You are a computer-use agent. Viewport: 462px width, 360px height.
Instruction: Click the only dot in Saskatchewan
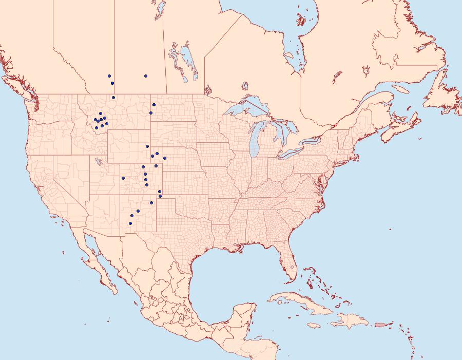point(146,76)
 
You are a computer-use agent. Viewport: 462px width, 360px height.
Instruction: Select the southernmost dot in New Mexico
point(130,223)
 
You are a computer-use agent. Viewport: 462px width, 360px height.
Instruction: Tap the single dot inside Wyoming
point(147,146)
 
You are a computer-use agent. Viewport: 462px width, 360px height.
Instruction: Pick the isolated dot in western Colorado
point(123,178)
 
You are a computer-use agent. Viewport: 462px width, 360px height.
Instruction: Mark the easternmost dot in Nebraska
point(165,158)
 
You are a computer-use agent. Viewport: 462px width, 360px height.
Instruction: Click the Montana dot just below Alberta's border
point(113,98)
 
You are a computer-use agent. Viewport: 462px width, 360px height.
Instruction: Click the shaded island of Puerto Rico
point(380,325)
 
